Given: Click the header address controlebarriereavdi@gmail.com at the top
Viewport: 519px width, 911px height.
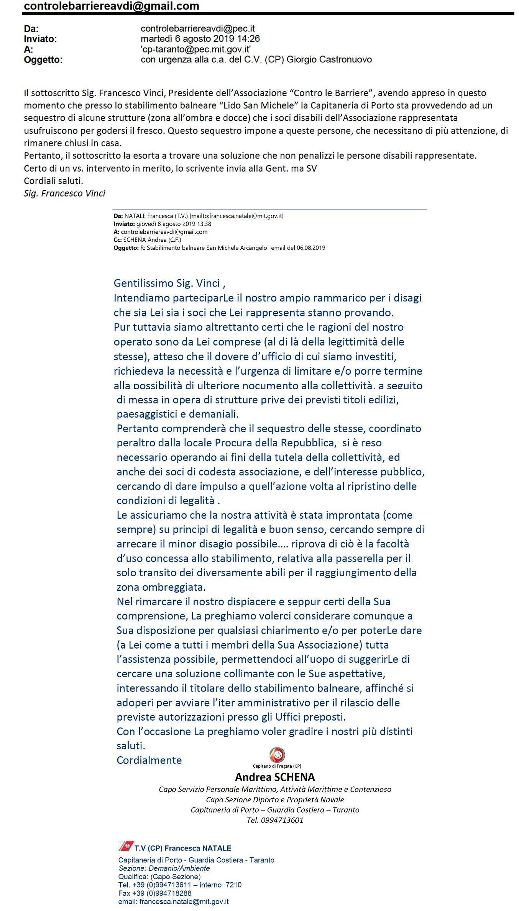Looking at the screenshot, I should (x=111, y=6).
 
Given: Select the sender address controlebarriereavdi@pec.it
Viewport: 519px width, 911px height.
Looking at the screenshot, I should (x=197, y=28).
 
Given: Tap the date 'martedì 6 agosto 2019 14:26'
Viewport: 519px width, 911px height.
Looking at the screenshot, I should (x=200, y=39).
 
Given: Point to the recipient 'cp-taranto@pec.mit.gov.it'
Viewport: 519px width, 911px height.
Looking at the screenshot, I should (x=195, y=49).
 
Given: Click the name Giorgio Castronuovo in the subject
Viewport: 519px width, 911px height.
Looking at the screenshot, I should (x=329, y=59).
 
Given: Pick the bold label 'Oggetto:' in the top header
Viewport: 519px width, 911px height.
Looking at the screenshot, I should (x=43, y=60).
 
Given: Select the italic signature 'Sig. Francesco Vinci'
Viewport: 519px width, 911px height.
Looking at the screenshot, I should (x=64, y=193).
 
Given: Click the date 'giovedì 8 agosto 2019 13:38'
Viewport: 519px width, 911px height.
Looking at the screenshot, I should (x=174, y=224).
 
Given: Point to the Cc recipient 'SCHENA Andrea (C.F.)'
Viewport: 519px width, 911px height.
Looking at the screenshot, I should (x=152, y=240).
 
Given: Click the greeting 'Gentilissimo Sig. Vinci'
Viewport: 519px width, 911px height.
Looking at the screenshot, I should (x=167, y=283).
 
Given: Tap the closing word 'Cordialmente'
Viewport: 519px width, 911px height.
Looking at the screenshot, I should (x=149, y=760).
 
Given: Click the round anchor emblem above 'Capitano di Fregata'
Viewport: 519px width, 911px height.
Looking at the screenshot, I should (x=277, y=755).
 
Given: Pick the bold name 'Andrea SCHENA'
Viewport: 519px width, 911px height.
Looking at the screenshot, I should (x=275, y=777).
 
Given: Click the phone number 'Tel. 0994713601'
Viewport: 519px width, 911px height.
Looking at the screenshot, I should (x=275, y=820).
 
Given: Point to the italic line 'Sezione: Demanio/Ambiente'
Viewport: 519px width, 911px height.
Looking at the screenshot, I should (x=164, y=868).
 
